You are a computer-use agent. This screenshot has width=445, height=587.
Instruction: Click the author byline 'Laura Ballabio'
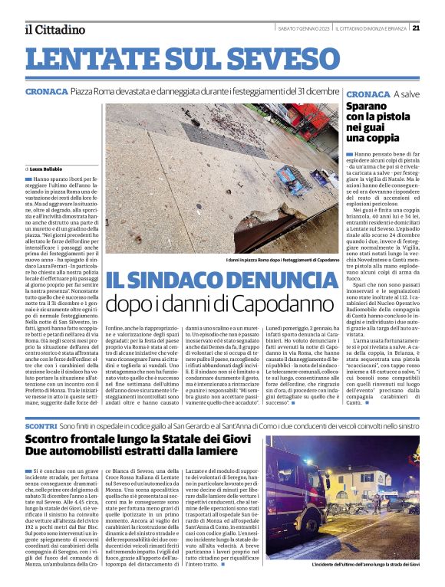(46, 168)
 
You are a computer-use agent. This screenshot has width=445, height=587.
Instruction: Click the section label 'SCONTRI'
(40, 425)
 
